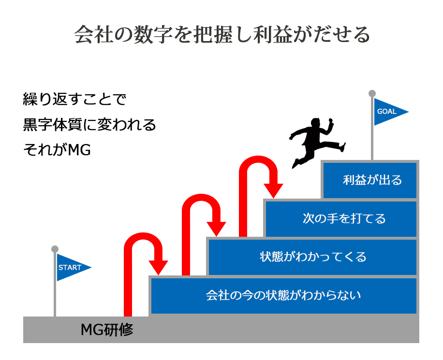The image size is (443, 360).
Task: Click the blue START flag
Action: (71, 267)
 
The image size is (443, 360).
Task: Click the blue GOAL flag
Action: (388, 112)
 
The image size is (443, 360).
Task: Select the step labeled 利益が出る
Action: (370, 180)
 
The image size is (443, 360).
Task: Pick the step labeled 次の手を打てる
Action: (341, 218)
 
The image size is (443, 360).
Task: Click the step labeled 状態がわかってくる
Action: (312, 257)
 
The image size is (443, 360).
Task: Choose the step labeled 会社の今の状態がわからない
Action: (284, 295)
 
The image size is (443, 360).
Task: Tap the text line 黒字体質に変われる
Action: (89, 125)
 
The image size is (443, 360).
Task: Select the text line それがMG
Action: (57, 150)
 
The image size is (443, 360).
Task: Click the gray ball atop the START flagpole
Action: (55, 249)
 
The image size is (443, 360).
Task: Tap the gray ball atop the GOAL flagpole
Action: (372, 93)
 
